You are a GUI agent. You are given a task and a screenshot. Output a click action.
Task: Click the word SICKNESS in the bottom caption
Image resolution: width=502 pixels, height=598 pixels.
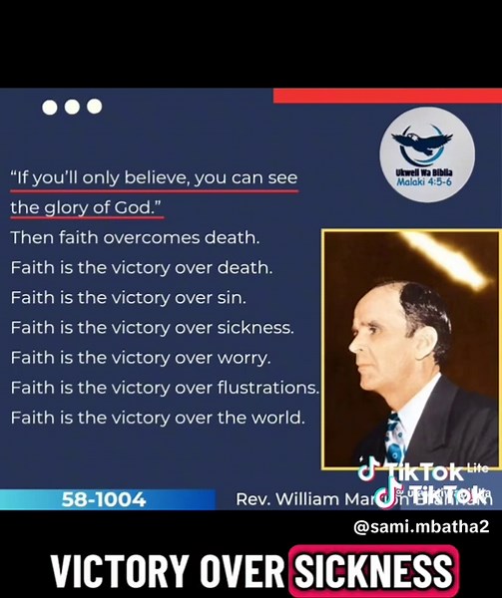pos(372,572)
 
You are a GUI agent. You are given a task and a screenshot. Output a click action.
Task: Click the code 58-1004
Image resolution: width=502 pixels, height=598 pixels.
pos(104,498)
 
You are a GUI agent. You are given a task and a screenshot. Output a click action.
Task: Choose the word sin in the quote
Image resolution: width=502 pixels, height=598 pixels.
pos(231,297)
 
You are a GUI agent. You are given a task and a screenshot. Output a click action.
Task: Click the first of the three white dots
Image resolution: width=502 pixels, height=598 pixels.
pos(50,107)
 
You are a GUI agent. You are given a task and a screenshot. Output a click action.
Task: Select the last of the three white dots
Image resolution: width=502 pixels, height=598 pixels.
pos(95,107)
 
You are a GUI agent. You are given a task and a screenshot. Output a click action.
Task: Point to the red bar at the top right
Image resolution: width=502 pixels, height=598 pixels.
pos(387,96)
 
